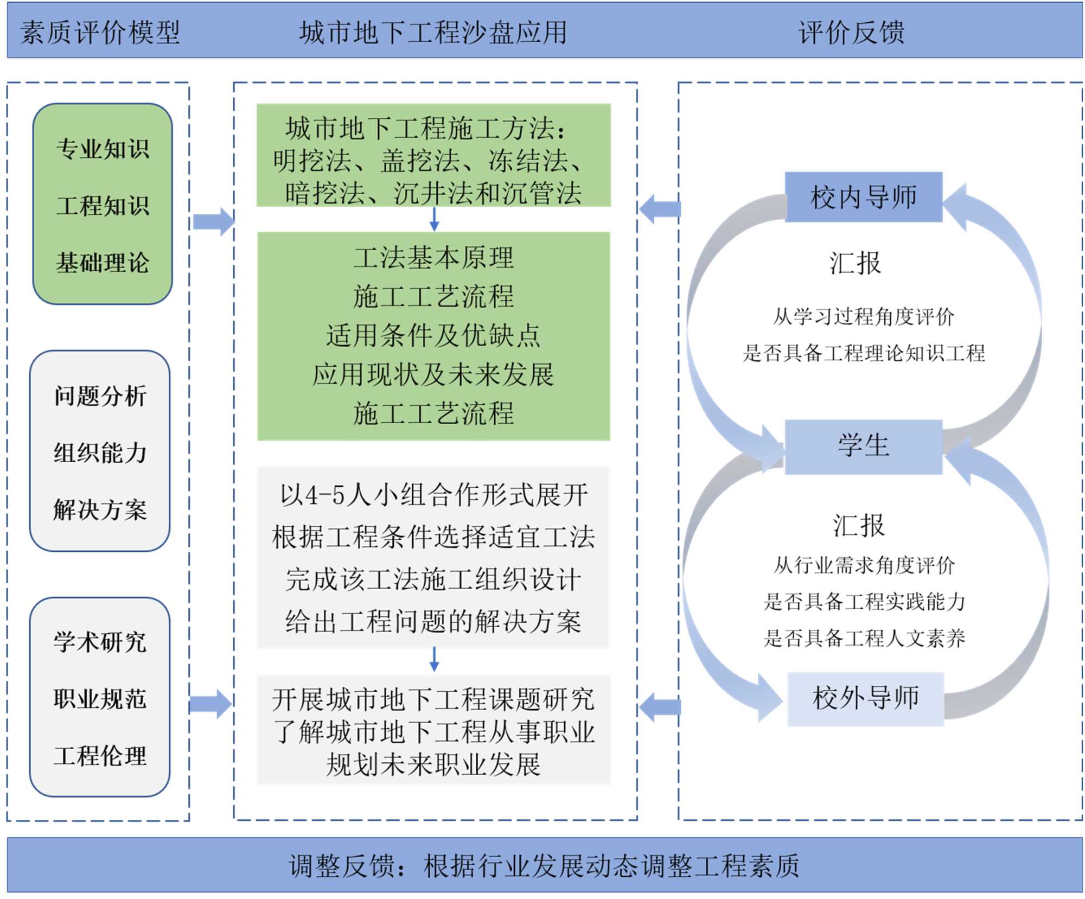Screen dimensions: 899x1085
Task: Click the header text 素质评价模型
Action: point(100,33)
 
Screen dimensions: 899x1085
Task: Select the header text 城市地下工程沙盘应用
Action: point(433,33)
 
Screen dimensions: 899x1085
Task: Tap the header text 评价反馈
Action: point(851,33)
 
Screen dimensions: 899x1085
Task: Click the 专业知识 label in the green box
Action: point(103,149)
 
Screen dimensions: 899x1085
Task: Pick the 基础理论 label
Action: point(103,263)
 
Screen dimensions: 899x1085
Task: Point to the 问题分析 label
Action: point(100,396)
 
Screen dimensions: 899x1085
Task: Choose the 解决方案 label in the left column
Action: point(100,509)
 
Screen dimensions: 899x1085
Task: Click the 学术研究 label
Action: point(100,642)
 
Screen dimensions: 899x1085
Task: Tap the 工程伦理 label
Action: point(100,756)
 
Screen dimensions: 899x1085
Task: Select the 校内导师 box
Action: point(863,197)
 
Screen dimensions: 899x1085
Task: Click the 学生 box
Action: point(863,446)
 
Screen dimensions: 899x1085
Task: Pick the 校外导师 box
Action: point(865,698)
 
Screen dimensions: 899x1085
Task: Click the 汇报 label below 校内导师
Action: point(855,263)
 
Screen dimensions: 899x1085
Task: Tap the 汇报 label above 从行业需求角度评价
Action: point(858,525)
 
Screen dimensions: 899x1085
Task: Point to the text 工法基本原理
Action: point(433,257)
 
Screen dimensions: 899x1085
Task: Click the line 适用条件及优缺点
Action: point(433,335)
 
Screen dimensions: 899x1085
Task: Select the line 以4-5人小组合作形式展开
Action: point(433,495)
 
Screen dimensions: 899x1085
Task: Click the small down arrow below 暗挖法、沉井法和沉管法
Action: point(434,219)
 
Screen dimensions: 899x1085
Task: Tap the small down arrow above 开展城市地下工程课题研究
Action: point(434,660)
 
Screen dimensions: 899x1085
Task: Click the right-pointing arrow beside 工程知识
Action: point(214,221)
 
